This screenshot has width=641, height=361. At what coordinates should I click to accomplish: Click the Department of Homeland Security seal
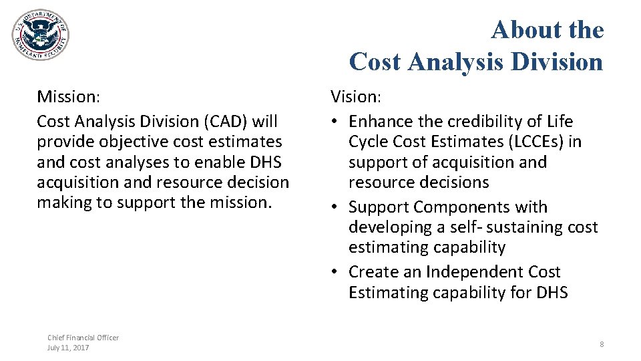40,35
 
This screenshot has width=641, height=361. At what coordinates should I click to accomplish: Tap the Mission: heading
68,97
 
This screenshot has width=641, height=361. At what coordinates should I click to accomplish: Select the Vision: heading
356,97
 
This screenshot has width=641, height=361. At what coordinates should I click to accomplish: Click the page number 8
602,344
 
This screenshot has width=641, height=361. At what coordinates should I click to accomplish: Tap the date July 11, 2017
68,348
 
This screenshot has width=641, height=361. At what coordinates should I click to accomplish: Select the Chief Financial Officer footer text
83,338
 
